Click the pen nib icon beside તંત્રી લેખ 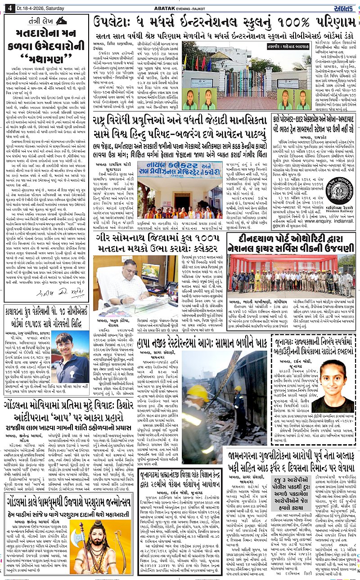pos(61,21)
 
